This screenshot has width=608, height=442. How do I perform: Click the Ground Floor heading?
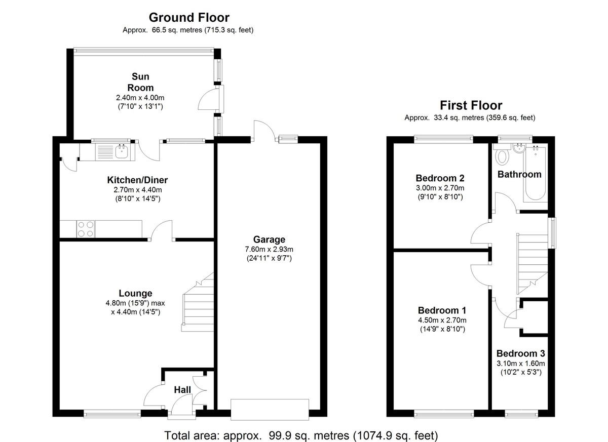(x=189, y=18)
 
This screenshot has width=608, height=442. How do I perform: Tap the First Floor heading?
(x=471, y=105)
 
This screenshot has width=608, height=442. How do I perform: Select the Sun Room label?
(x=140, y=82)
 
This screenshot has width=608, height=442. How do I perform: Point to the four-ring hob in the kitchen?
(x=86, y=229)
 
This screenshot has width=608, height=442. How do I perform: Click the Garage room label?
(x=269, y=239)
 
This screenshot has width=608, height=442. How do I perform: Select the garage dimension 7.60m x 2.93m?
(x=269, y=249)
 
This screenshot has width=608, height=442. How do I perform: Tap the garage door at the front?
(x=270, y=410)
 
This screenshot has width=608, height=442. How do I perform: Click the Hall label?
(x=182, y=390)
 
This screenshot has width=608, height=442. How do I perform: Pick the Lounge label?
(x=135, y=293)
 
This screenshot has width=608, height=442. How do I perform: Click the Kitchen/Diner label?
(x=137, y=180)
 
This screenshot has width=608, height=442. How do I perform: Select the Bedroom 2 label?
(x=440, y=178)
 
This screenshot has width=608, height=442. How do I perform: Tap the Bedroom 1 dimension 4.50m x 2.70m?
(x=442, y=320)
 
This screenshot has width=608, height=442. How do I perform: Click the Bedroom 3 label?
(x=521, y=353)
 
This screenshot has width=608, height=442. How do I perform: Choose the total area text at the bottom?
(x=301, y=435)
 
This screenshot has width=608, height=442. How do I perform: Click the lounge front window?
(x=112, y=414)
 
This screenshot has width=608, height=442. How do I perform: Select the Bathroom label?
(x=519, y=174)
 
